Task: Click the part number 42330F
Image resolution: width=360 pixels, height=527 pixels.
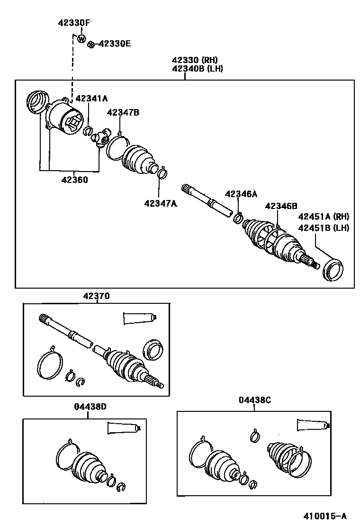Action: pyautogui.click(x=74, y=22)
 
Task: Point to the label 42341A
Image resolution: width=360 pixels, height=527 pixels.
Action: pyautogui.click(x=91, y=98)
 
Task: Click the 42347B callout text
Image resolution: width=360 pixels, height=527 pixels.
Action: pyautogui.click(x=123, y=112)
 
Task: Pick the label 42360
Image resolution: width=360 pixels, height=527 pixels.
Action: pyautogui.click(x=74, y=180)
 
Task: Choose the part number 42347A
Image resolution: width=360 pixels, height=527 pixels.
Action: pyautogui.click(x=161, y=203)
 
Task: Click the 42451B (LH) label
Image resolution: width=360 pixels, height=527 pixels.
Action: pyautogui.click(x=323, y=227)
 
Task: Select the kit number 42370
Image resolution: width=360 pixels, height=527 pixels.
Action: pyautogui.click(x=96, y=296)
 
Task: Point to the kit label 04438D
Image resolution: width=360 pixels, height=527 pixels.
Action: pyautogui.click(x=90, y=407)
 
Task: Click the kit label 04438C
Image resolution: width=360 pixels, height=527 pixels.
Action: pyautogui.click(x=254, y=400)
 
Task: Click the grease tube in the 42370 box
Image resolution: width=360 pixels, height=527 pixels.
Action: pyautogui.click(x=139, y=318)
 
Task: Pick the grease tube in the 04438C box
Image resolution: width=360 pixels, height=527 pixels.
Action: pyautogui.click(x=312, y=425)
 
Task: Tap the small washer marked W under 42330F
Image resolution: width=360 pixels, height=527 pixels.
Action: pyautogui.click(x=81, y=38)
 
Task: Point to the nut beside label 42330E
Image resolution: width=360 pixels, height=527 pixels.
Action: pyautogui.click(x=91, y=45)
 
